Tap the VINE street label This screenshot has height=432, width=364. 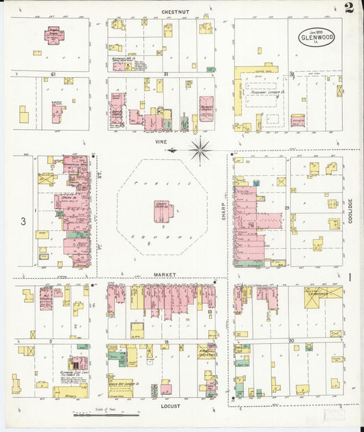click(x=161, y=141)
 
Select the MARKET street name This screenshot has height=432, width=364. click(x=165, y=274)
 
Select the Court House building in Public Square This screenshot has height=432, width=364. click(x=163, y=211)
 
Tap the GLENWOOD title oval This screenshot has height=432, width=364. click(x=317, y=36)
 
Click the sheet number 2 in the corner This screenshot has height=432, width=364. click(x=349, y=9)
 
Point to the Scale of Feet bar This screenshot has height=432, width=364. click(x=106, y=414)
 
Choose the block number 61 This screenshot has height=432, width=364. click(x=52, y=74)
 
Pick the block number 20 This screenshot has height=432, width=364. click(x=290, y=340)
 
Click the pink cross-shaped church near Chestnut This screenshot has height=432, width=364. click(x=53, y=35)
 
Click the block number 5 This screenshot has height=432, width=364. click(x=51, y=340)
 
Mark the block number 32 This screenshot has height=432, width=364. click(x=292, y=74)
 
